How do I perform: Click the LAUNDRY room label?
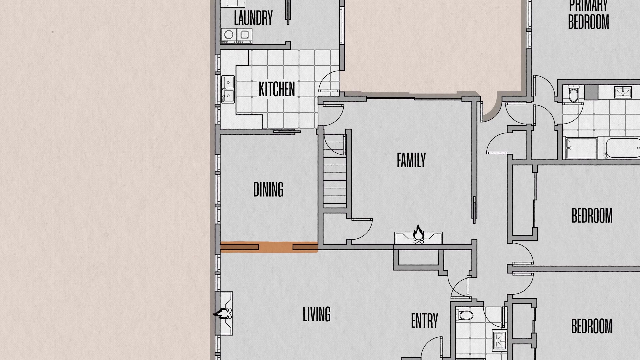click(x=253, y=18)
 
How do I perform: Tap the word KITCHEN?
click(x=277, y=89)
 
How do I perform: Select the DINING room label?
click(x=268, y=189)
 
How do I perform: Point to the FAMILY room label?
click(x=411, y=160)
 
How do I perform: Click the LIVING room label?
click(x=317, y=314)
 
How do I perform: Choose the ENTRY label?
click(x=424, y=321)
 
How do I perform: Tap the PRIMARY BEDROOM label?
click(x=589, y=14)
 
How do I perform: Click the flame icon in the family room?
click(x=419, y=234)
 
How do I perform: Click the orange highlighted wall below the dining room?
click(x=269, y=247)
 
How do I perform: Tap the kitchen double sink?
click(x=228, y=89)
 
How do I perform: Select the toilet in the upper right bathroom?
click(x=574, y=94)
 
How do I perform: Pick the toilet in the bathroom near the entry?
click(x=465, y=315)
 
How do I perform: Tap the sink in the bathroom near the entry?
click(x=499, y=340)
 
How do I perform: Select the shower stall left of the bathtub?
click(x=581, y=148)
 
